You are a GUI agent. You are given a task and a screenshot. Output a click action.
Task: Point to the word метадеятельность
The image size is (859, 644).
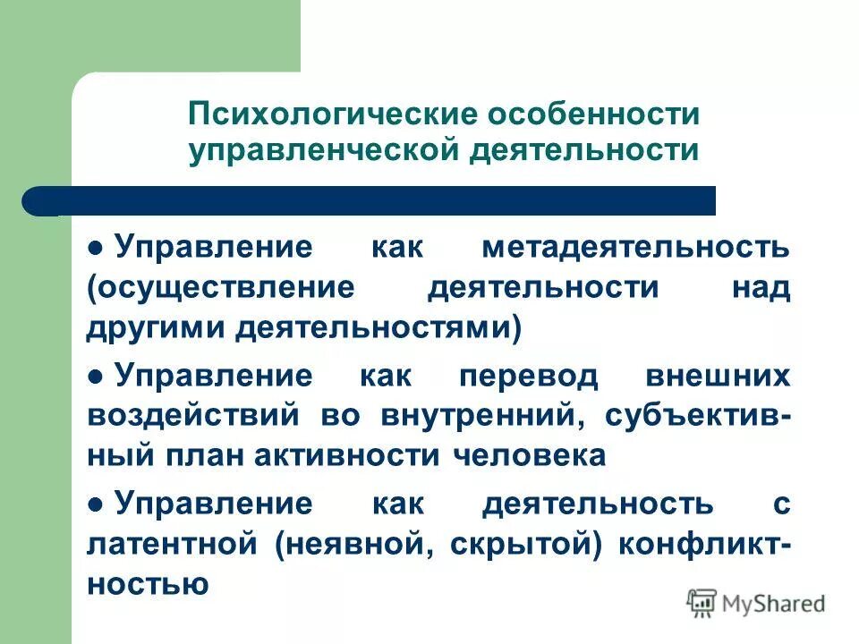coord(635,247)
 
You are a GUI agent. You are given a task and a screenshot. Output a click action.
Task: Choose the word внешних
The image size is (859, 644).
coord(718,377)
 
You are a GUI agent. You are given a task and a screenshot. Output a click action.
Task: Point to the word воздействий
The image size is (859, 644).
coord(189,416)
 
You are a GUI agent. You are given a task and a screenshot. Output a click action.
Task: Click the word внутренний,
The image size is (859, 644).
coord(483,416)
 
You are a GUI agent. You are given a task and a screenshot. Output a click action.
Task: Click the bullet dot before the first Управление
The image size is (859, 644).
coord(96,248)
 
